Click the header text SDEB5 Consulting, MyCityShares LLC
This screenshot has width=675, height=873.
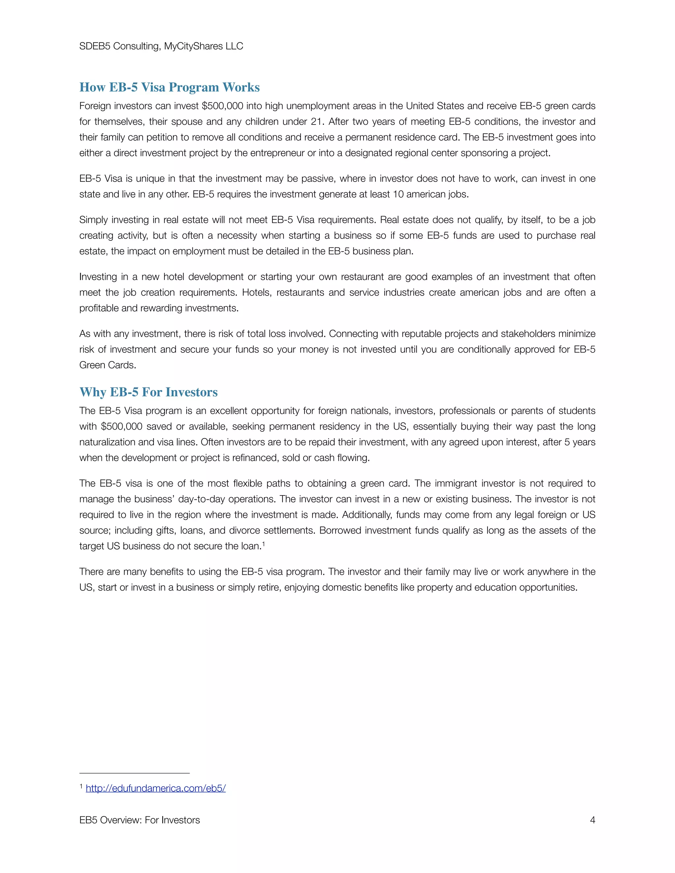click(161, 46)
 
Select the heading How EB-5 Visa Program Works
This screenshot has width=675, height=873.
click(169, 87)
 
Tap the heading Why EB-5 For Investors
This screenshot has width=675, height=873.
click(148, 392)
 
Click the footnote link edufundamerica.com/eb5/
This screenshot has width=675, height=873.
click(156, 788)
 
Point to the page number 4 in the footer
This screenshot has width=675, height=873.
click(592, 820)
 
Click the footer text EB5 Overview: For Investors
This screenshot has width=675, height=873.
click(139, 820)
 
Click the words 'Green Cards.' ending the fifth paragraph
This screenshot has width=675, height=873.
click(107, 365)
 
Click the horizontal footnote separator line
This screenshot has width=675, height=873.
click(134, 773)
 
